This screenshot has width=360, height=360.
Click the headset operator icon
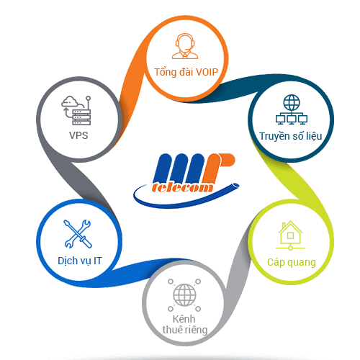point(185,46)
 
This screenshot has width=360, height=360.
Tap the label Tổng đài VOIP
point(186,72)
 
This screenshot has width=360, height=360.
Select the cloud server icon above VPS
point(76,110)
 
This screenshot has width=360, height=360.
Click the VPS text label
point(78,135)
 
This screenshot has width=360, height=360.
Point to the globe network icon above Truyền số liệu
point(292,109)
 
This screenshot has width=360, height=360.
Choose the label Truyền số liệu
point(291,136)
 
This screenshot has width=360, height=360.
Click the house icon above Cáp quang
point(290,235)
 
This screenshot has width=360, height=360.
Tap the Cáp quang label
point(292,262)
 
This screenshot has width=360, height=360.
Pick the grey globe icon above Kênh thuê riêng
point(184,295)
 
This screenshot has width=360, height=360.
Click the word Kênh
point(184,319)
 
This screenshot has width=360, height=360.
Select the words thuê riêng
point(185,330)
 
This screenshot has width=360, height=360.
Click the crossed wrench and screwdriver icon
point(78,234)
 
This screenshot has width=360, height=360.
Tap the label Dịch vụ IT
point(80,261)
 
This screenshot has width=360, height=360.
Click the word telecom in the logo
point(183,187)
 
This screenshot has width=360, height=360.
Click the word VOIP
point(207,72)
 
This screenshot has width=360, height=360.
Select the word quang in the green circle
point(302,263)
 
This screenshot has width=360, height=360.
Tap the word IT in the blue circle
point(98,261)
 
